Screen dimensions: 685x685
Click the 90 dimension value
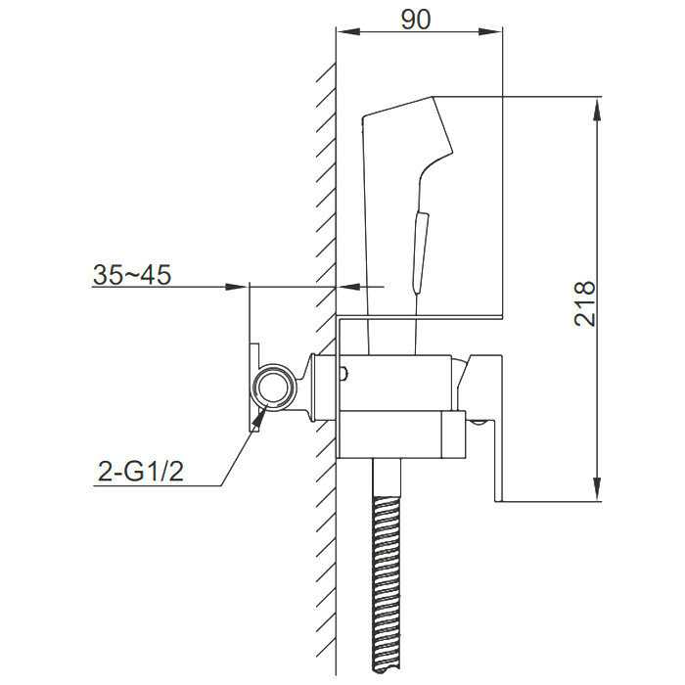418,21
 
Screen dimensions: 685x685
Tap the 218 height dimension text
584,302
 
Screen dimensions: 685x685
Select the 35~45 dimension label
132,275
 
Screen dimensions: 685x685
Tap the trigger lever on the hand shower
420,250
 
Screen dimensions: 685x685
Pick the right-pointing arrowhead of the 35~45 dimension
236,287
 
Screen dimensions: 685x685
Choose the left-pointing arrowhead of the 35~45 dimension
347,287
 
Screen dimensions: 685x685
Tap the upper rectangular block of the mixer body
396,381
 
